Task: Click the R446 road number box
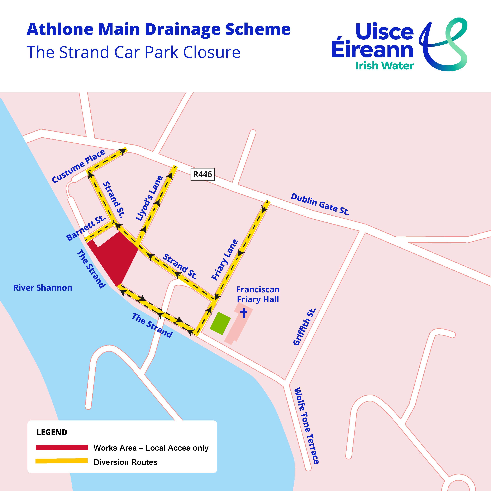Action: tap(202, 174)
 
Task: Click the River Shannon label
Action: tap(43, 288)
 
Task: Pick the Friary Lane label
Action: tap(225, 260)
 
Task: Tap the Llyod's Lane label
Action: tap(149, 198)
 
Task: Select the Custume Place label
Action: tap(78, 166)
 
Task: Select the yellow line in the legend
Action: tap(62, 461)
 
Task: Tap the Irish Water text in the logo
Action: tap(385, 66)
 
